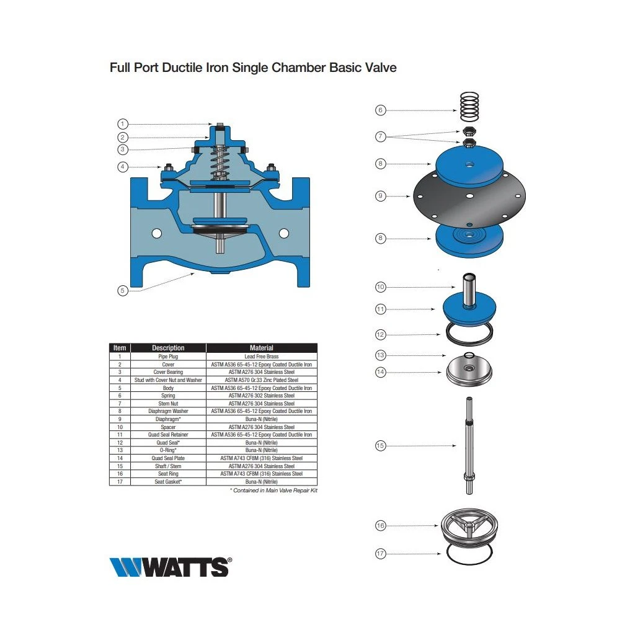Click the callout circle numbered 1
click(x=123, y=124)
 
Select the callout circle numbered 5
click(x=123, y=290)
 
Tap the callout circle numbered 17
click(x=380, y=554)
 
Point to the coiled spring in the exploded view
click(x=469, y=107)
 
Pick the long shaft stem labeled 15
click(x=469, y=445)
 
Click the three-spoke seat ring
click(x=469, y=526)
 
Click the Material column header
click(x=262, y=348)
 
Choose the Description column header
click(x=168, y=348)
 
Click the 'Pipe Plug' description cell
click(x=168, y=357)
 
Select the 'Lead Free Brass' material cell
click(x=262, y=357)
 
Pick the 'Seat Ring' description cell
click(x=168, y=473)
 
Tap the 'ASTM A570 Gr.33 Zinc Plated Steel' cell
click(x=262, y=380)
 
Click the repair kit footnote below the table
click(x=273, y=491)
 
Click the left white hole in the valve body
click(x=157, y=233)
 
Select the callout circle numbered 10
click(x=380, y=287)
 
